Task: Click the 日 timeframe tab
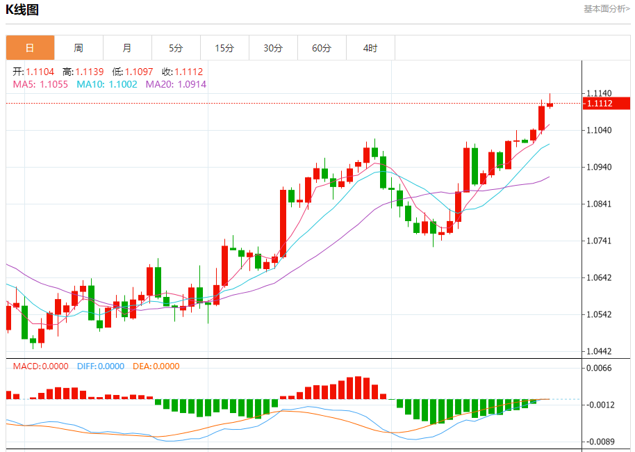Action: pyautogui.click(x=30, y=48)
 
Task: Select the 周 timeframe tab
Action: pyautogui.click(x=79, y=48)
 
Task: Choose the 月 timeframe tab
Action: pyautogui.click(x=127, y=48)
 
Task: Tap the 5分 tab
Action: pyautogui.click(x=176, y=48)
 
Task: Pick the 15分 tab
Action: pyautogui.click(x=224, y=48)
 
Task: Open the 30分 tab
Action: pyautogui.click(x=273, y=48)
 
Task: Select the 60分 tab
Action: pyautogui.click(x=322, y=48)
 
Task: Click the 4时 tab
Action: pyautogui.click(x=370, y=48)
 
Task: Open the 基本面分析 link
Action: pyautogui.click(x=607, y=9)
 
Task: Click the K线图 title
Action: pyautogui.click(x=22, y=10)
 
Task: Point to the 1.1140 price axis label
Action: pyautogui.click(x=599, y=93)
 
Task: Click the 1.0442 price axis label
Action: pyautogui.click(x=599, y=351)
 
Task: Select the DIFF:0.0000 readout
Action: pyautogui.click(x=100, y=366)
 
